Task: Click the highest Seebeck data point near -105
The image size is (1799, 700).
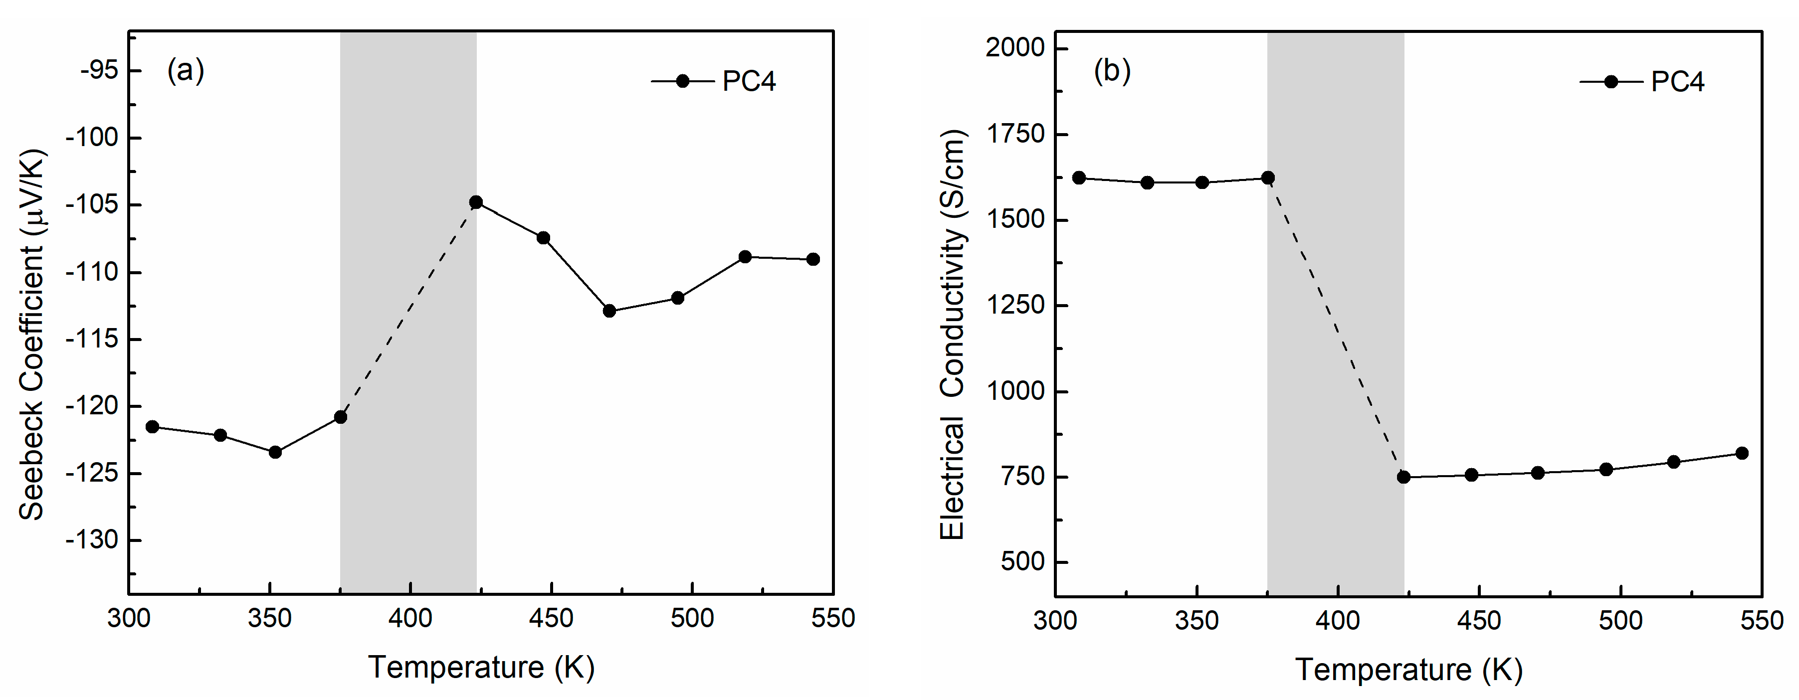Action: point(476,202)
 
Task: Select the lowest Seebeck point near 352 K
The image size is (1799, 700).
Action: point(275,452)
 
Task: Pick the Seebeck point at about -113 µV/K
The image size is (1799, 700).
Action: point(609,311)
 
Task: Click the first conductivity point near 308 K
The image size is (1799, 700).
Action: point(1079,178)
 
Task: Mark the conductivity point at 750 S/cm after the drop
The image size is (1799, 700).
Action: point(1403,477)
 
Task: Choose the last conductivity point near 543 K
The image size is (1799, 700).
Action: point(1742,454)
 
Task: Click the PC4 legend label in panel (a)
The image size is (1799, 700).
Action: point(749,82)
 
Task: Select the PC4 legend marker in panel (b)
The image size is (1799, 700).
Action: point(1611,82)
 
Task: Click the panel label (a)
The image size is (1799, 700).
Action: point(185,70)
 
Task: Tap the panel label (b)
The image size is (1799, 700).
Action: point(1112,70)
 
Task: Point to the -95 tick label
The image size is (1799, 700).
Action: point(99,70)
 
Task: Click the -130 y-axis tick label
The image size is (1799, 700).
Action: point(92,540)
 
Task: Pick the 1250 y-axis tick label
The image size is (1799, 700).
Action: point(1015,306)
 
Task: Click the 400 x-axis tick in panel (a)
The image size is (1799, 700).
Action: point(410,618)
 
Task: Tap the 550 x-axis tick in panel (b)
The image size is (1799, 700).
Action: point(1761,620)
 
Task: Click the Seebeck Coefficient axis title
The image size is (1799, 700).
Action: point(31,335)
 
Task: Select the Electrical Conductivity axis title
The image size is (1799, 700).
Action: point(951,335)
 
